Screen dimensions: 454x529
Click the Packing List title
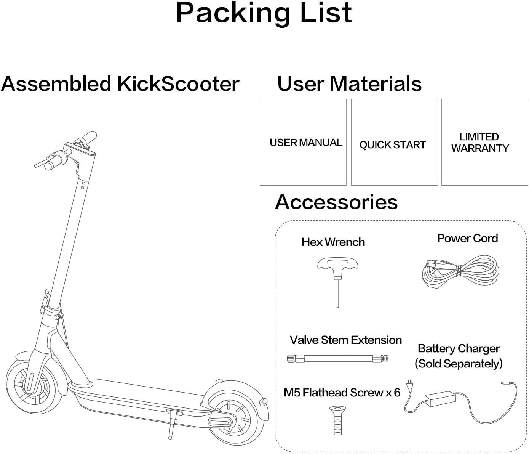[x=264, y=13]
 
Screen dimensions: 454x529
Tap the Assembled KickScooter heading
[x=120, y=84]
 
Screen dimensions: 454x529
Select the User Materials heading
[x=349, y=84]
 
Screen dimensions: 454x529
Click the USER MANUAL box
[x=303, y=142]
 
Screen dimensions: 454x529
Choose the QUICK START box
[x=394, y=142]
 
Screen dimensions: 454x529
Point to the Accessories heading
[x=336, y=202]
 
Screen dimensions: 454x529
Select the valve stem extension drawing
[x=337, y=358]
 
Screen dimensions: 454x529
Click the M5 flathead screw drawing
[x=337, y=420]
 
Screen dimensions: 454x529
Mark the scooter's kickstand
[x=171, y=423]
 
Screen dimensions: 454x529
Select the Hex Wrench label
[x=333, y=242]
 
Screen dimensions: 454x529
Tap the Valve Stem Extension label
[x=345, y=340]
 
